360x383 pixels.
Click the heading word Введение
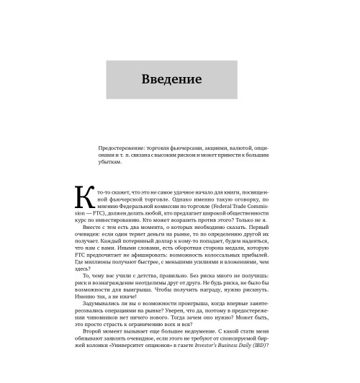coord(172,78)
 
